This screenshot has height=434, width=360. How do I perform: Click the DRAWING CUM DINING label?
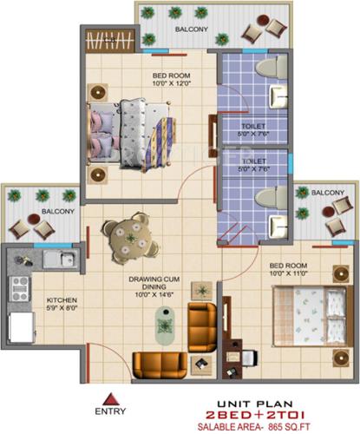(152, 281)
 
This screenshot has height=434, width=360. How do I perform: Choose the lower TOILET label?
(253, 161)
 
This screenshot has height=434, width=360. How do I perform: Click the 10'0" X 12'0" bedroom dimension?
(169, 85)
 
